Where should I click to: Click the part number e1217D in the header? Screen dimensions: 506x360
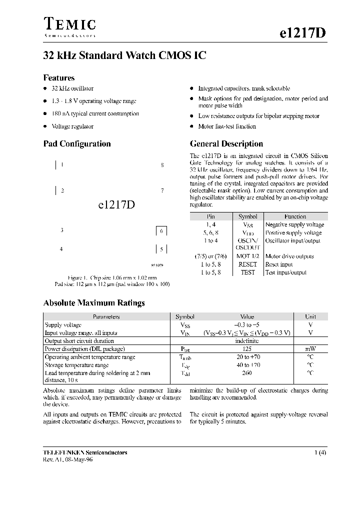pyautogui.click(x=302, y=32)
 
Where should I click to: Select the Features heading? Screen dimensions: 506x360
pyautogui.click(x=59, y=78)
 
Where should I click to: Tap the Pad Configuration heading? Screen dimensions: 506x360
pyautogui.click(x=77, y=144)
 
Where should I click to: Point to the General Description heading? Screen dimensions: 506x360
pyautogui.click(x=226, y=144)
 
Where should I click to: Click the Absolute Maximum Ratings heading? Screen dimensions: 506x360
pyautogui.click(x=94, y=303)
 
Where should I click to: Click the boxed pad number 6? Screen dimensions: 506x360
pyautogui.click(x=161, y=231)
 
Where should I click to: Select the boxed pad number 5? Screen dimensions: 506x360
pyautogui.click(x=161, y=249)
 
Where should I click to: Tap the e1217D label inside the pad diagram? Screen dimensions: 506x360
pyautogui.click(x=113, y=204)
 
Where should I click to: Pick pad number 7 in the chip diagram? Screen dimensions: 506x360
pyautogui.click(x=162, y=190)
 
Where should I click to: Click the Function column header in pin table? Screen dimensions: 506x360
pyautogui.click(x=295, y=216)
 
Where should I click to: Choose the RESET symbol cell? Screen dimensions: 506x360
pyautogui.click(x=247, y=264)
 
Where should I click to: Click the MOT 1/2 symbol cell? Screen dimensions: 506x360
pyautogui.click(x=247, y=256)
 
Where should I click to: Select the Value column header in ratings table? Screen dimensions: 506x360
pyautogui.click(x=247, y=317)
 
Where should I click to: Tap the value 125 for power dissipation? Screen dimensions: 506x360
pyautogui.click(x=247, y=349)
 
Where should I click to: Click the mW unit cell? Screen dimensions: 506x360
pyautogui.click(x=310, y=349)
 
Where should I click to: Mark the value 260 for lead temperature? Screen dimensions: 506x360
pyautogui.click(x=247, y=373)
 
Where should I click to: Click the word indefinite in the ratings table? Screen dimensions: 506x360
pyautogui.click(x=247, y=341)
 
